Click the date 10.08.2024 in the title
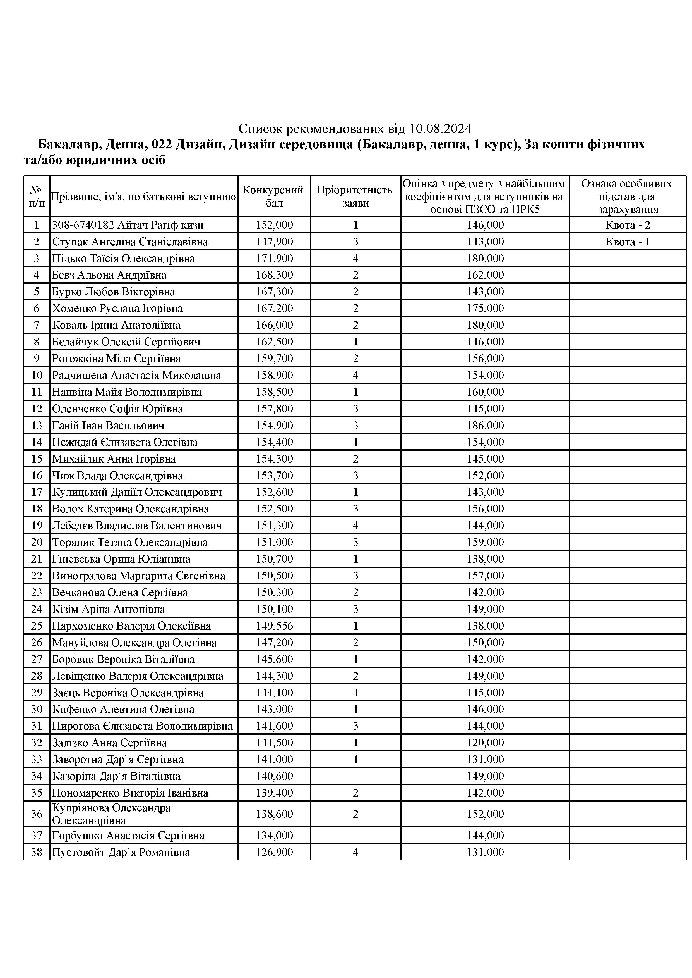pyautogui.click(x=440, y=128)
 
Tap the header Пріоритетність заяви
pyautogui.click(x=355, y=196)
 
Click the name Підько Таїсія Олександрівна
pyautogui.click(x=123, y=258)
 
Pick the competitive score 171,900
pyautogui.click(x=274, y=258)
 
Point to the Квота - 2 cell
pyautogui.click(x=628, y=225)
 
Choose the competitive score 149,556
pyautogui.click(x=274, y=626)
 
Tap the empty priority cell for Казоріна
pyautogui.click(x=355, y=776)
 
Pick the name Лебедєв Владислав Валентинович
pyautogui.click(x=137, y=526)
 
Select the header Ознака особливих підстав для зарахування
pyautogui.click(x=628, y=196)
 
